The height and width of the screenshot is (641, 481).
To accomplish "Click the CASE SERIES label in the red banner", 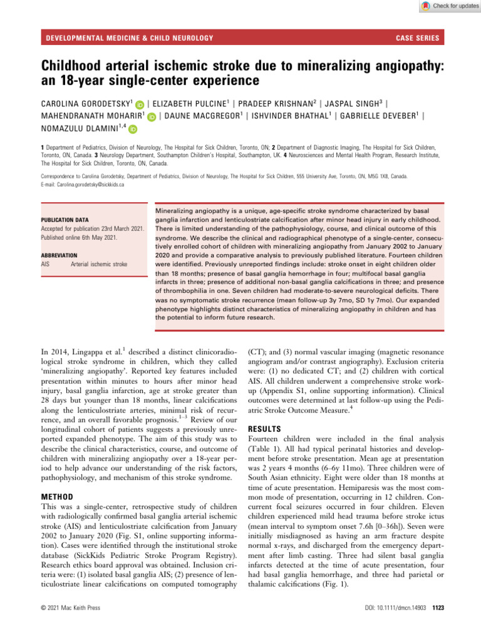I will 417,38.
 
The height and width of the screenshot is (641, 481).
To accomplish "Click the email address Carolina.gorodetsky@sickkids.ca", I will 86,185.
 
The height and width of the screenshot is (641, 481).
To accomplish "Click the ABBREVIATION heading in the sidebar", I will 60,255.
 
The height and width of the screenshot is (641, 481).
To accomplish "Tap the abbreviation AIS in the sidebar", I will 48,264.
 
